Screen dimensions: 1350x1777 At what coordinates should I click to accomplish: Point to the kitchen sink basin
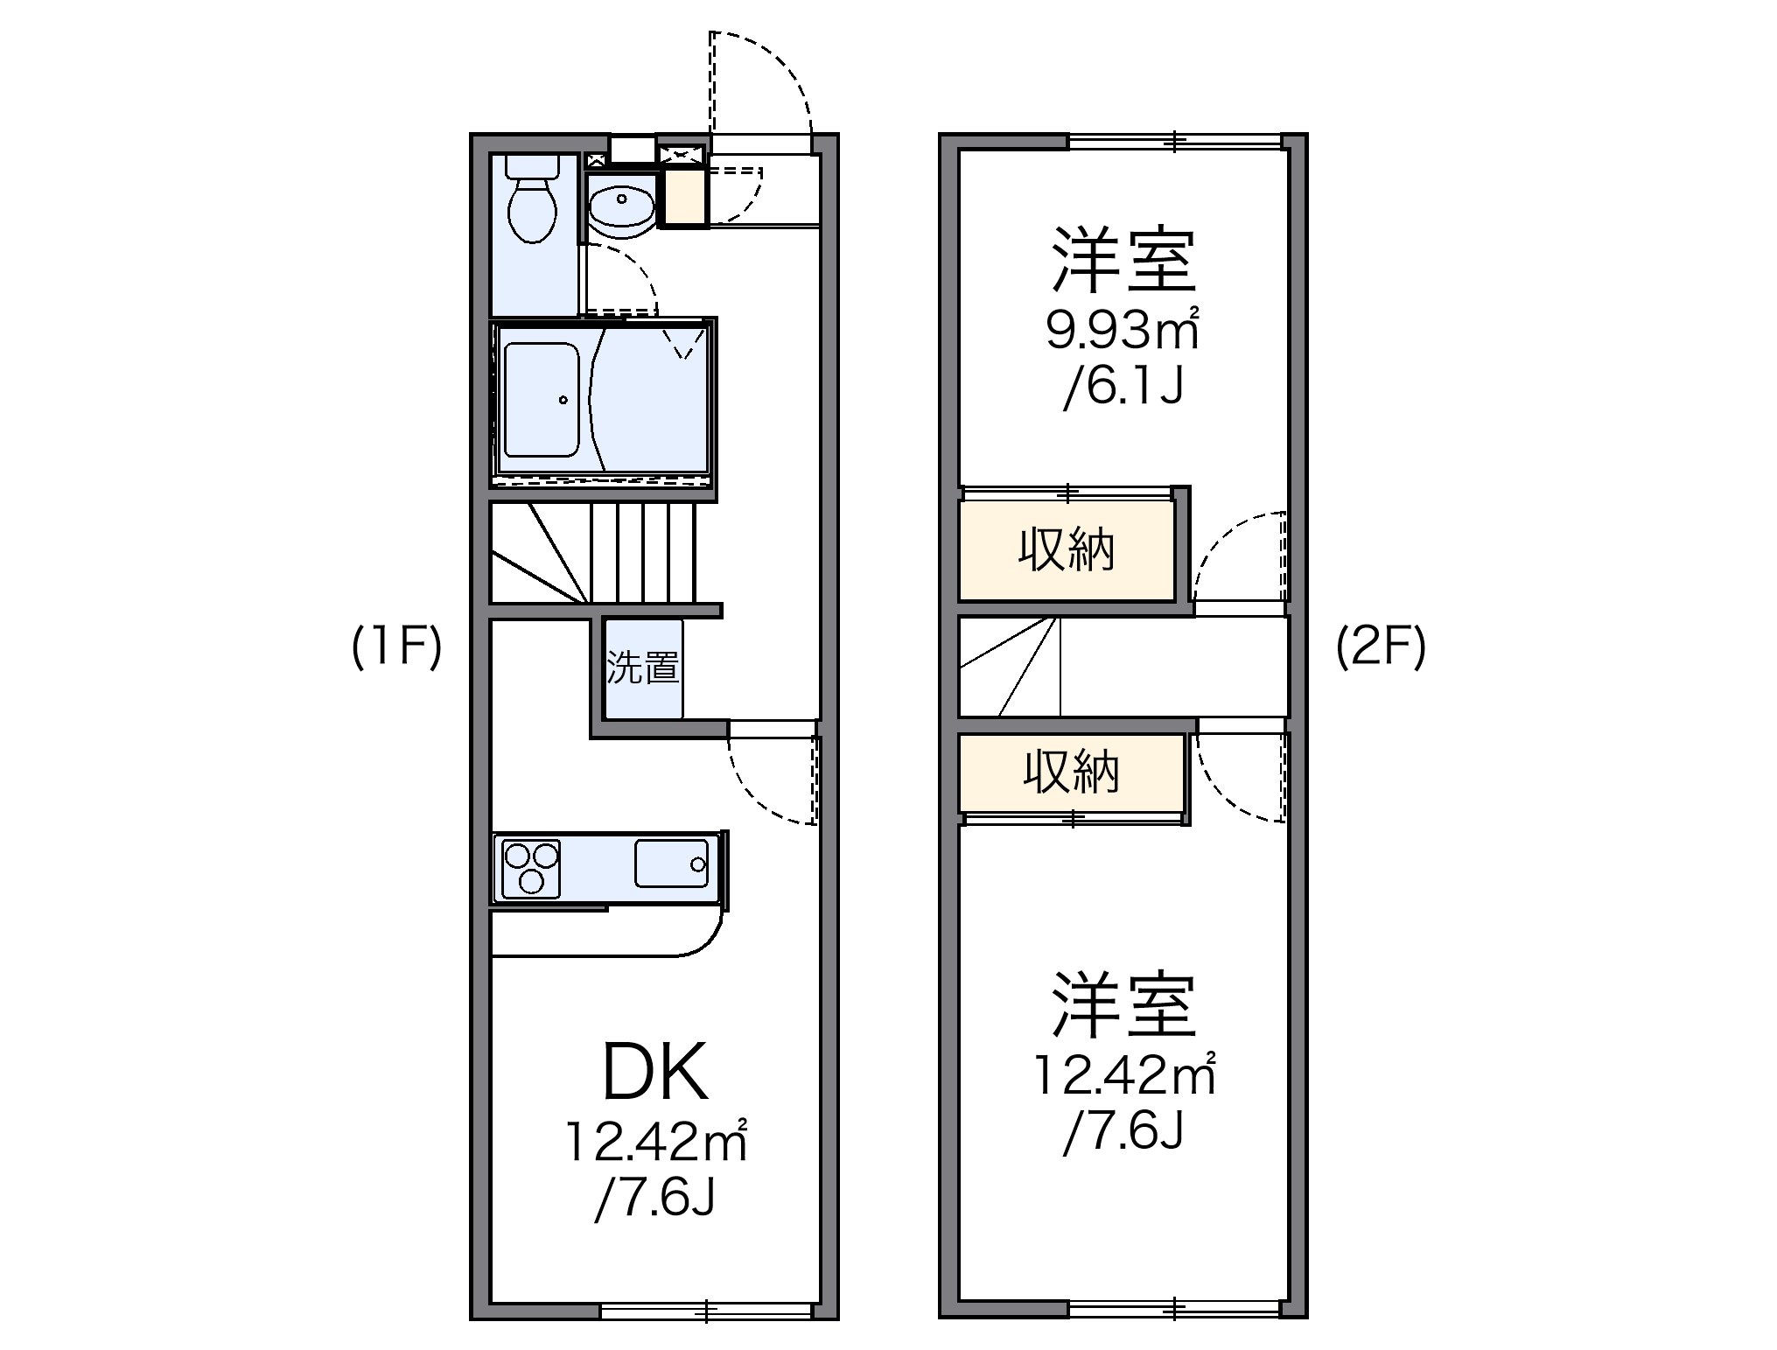(671, 864)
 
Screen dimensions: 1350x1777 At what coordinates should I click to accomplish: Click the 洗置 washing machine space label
(643, 668)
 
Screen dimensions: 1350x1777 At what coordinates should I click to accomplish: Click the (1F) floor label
(396, 648)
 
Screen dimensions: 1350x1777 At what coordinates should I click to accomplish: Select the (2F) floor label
(1381, 648)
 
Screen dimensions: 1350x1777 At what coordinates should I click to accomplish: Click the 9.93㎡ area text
(1122, 330)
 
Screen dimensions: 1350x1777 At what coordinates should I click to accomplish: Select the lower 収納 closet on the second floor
(1071, 773)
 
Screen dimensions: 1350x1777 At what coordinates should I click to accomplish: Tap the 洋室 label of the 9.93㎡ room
(1123, 260)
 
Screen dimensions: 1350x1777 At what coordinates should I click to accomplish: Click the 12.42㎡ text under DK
(655, 1142)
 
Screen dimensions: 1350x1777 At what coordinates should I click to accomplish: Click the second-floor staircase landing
(1010, 666)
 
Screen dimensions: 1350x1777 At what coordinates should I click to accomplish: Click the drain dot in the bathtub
(563, 400)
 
